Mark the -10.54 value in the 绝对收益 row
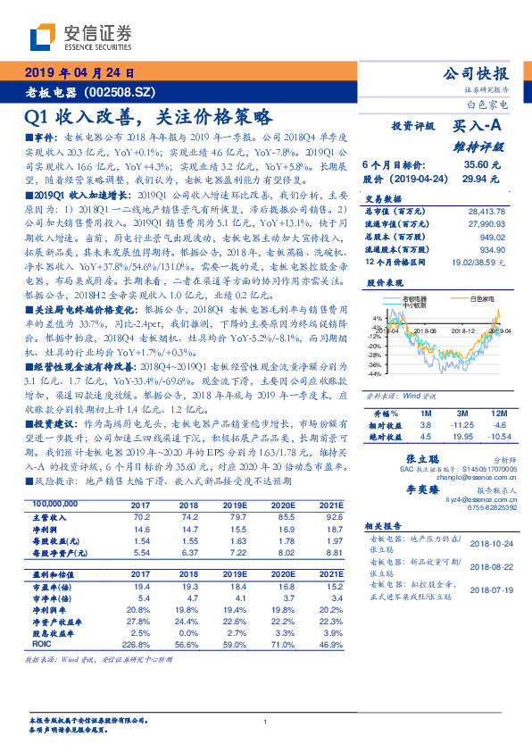click(486, 437)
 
